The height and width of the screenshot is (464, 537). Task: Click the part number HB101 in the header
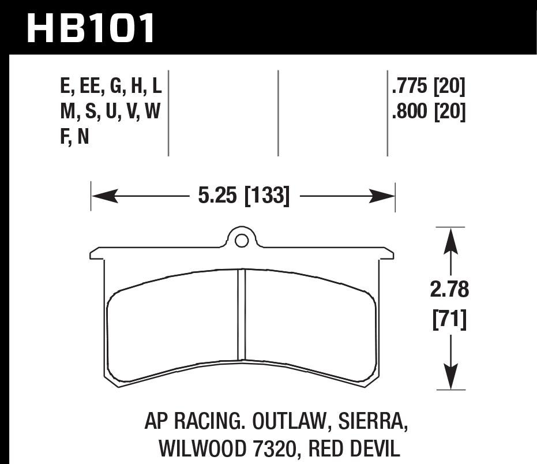(x=91, y=28)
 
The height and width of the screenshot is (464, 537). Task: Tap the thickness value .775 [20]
(x=427, y=88)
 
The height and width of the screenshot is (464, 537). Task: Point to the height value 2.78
(x=450, y=290)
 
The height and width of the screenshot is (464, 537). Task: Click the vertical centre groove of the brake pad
(x=242, y=315)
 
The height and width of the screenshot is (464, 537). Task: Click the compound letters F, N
(x=74, y=138)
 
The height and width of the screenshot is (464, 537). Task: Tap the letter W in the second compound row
(x=153, y=113)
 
